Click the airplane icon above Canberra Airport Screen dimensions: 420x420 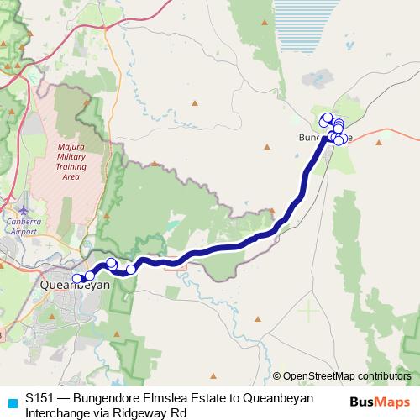coord(23,208)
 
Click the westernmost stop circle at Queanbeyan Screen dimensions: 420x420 coord(77,279)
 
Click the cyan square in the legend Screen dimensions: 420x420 coord(10,397)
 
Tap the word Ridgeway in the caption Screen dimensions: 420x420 coord(144,412)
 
